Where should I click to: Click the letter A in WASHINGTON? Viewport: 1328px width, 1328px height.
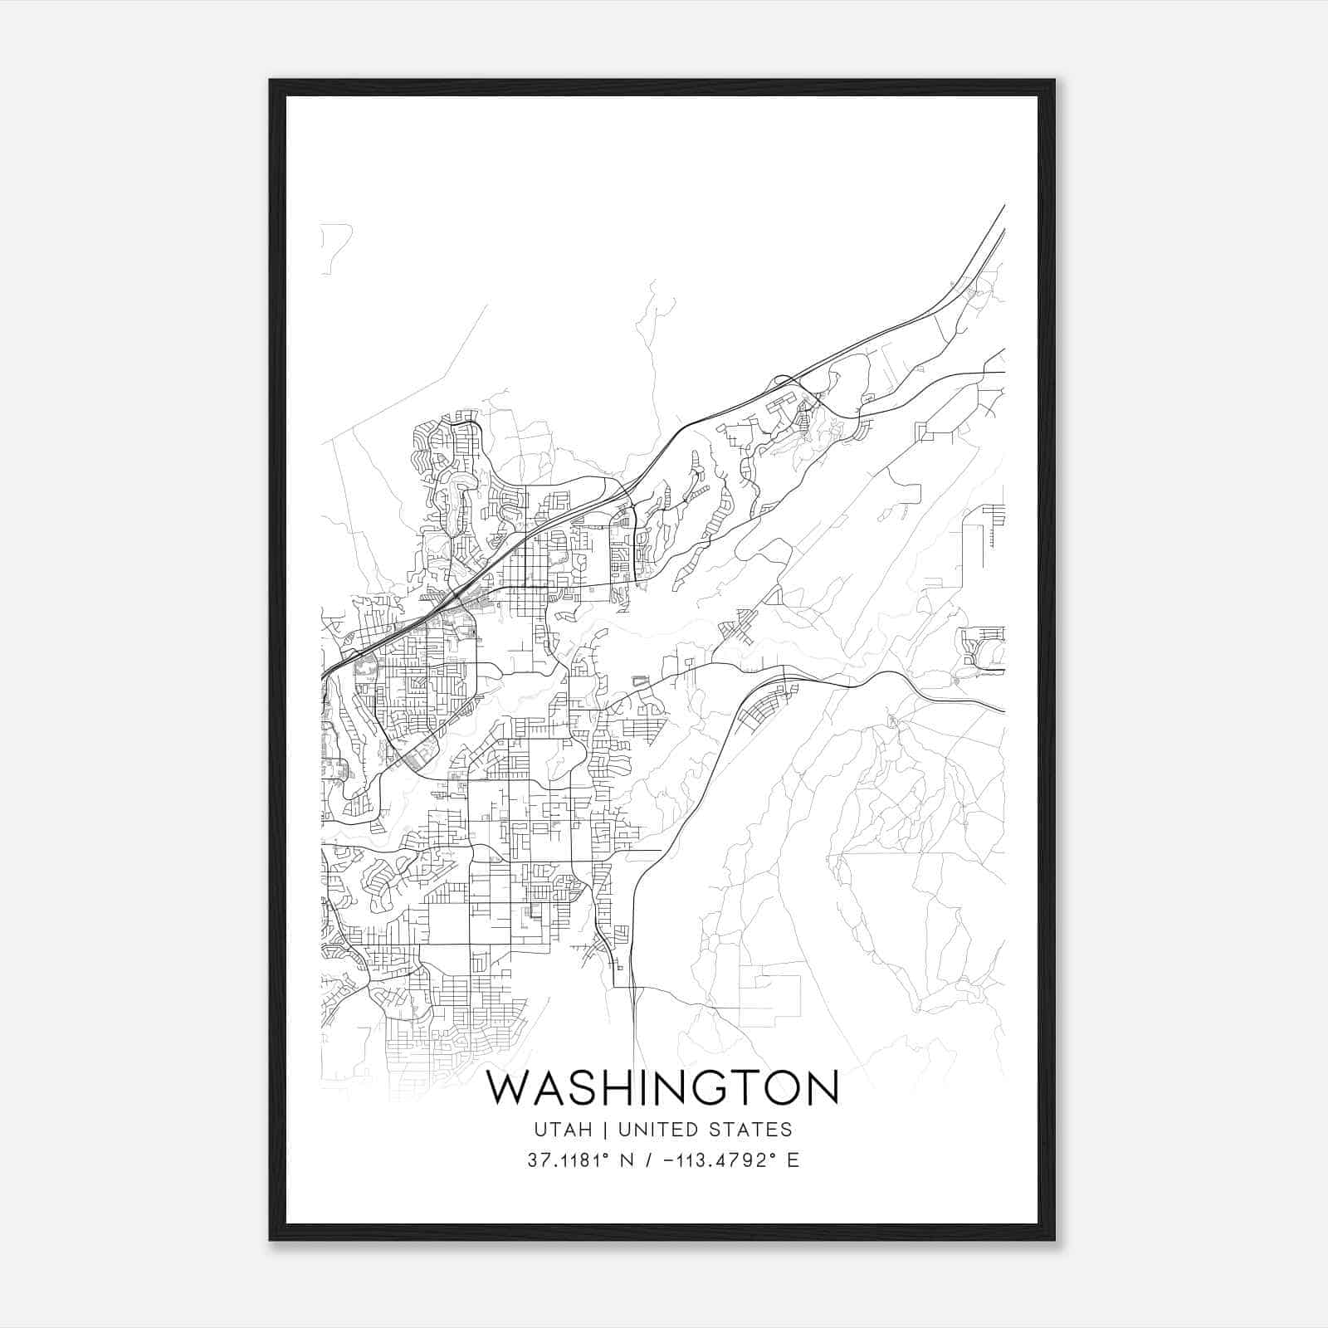coord(550,1088)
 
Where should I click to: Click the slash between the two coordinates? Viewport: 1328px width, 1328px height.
coord(647,1160)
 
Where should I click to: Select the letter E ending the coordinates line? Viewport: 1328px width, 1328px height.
coord(793,1160)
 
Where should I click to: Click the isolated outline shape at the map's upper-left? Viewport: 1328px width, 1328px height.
coord(334,247)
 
